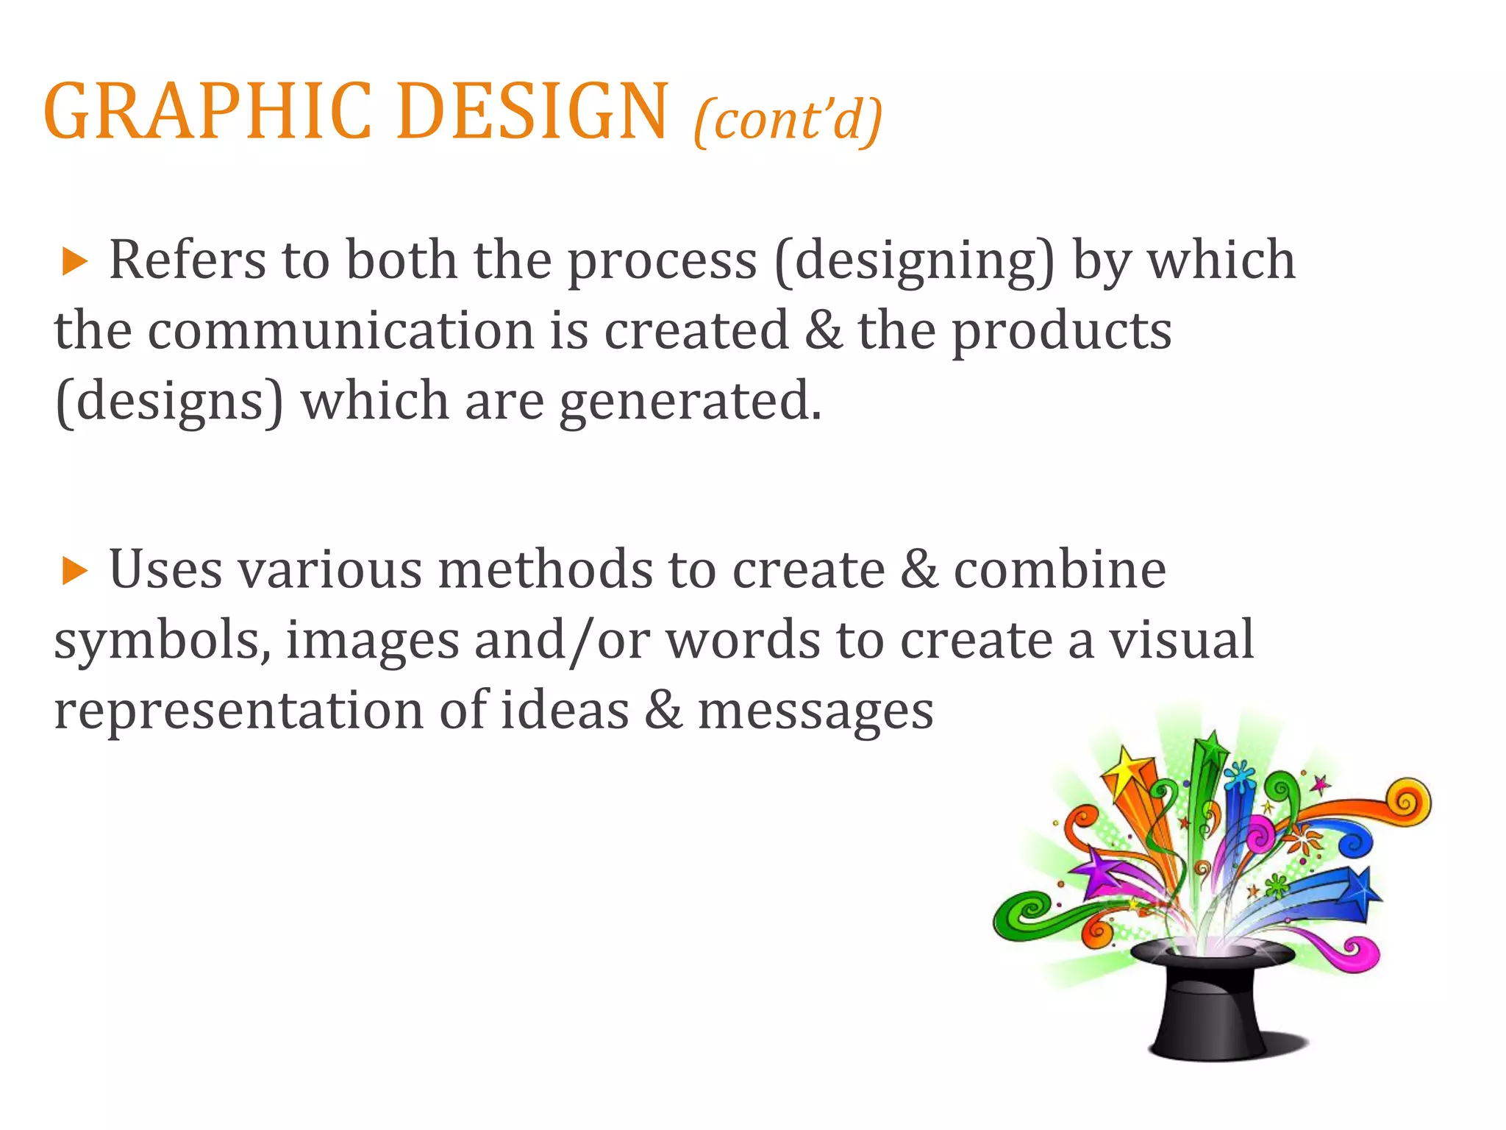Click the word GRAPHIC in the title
(x=208, y=112)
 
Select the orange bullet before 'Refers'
(x=74, y=262)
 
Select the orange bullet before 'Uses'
(x=74, y=571)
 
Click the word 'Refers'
(x=188, y=260)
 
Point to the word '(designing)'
(x=915, y=262)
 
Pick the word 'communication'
(x=341, y=331)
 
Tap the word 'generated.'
(x=690, y=402)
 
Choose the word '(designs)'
(x=169, y=402)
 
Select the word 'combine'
(x=1060, y=570)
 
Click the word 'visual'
(x=1181, y=640)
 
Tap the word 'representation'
(x=238, y=711)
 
